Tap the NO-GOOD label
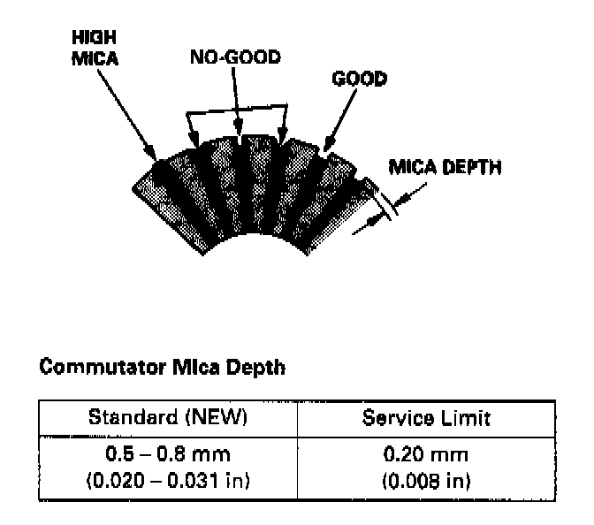pos(235,58)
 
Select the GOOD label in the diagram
pos(359,80)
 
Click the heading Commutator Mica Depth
pos(162,368)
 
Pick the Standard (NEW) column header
pos(166,417)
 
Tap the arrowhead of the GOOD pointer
pos(325,149)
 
